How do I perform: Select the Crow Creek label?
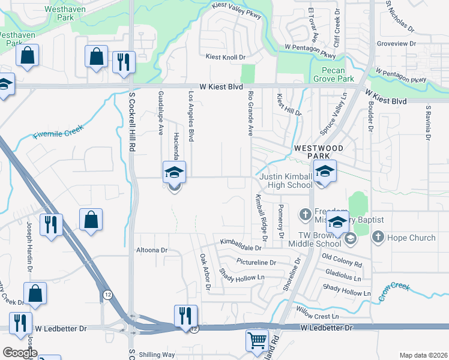393,292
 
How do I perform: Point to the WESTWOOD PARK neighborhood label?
318,152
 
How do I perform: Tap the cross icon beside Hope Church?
378,237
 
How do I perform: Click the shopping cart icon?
257,340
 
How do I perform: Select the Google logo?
19,353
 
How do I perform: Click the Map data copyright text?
423,355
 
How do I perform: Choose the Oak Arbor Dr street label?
205,271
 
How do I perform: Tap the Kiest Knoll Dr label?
226,57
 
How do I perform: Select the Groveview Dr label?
396,44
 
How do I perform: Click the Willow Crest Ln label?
317,316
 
